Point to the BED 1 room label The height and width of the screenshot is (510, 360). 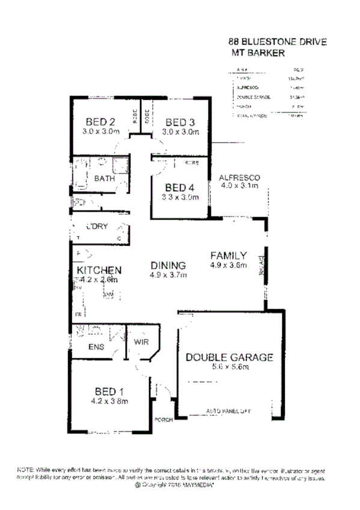click(x=109, y=389)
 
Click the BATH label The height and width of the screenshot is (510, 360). click(x=104, y=179)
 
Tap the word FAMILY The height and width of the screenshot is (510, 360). click(x=228, y=255)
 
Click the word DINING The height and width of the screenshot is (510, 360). click(x=168, y=265)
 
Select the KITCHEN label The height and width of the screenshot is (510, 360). click(x=100, y=270)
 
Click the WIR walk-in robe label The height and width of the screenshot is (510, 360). click(x=141, y=342)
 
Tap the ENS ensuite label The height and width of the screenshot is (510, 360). click(x=96, y=347)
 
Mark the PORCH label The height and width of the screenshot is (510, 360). click(x=163, y=420)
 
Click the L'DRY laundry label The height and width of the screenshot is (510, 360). click(x=96, y=226)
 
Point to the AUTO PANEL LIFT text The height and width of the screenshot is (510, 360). click(x=228, y=411)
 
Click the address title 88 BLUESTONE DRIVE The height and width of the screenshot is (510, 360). click(x=277, y=42)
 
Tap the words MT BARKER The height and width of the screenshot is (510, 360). click(x=255, y=52)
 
